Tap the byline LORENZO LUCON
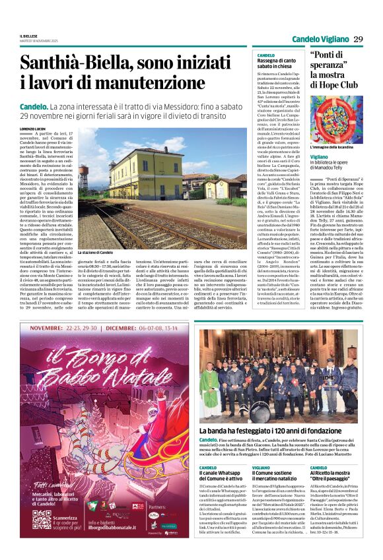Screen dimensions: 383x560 pos(34,128)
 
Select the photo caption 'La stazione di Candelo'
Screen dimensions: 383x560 pos(96,253)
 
